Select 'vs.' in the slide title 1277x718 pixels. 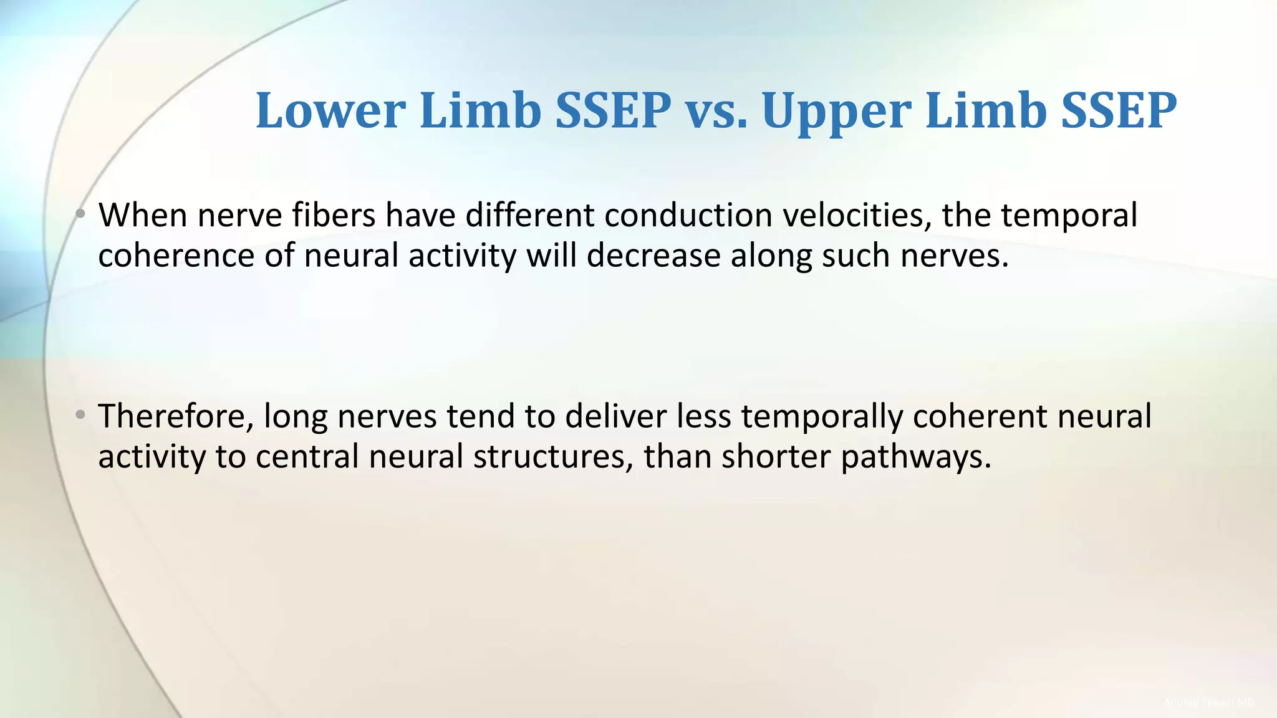[x=716, y=111]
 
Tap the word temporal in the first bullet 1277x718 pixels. [x=1070, y=216]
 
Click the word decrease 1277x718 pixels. [x=653, y=256]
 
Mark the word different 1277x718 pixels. [x=529, y=216]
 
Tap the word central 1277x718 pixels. [x=307, y=457]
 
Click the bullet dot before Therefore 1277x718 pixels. [x=80, y=414]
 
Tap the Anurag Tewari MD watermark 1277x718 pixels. [x=1208, y=702]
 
